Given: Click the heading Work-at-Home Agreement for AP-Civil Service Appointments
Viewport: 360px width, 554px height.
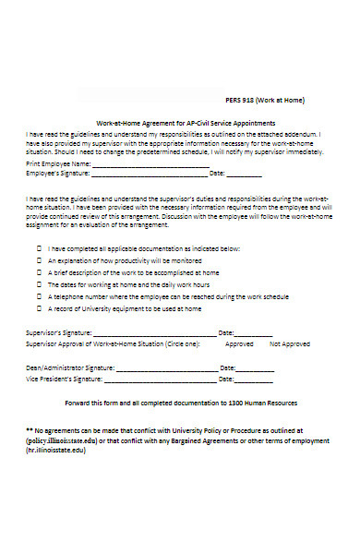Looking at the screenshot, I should click(186, 123).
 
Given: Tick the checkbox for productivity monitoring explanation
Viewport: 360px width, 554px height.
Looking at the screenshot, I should click(39, 261).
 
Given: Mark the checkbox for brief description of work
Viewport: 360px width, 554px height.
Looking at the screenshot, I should click(39, 273).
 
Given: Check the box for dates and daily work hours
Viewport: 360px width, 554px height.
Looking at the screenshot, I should click(39, 285).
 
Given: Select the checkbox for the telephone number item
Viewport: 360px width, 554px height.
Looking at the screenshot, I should click(39, 297).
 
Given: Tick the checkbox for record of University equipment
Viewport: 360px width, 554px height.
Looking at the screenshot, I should click(39, 309).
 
